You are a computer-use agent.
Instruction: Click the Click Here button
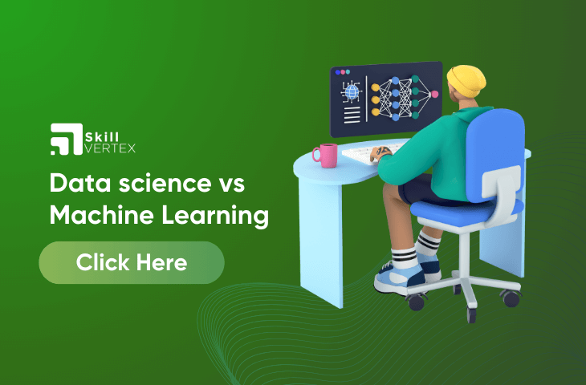pyautogui.click(x=132, y=262)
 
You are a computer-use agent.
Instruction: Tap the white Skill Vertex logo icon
pyautogui.click(x=67, y=139)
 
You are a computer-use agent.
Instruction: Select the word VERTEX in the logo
pyautogui.click(x=110, y=148)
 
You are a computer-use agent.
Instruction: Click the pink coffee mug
pyautogui.click(x=325, y=156)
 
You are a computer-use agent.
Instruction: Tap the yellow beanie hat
pyautogui.click(x=466, y=81)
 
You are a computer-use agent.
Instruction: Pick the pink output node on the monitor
pyautogui.click(x=434, y=94)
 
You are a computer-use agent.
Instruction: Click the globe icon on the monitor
pyautogui.click(x=352, y=91)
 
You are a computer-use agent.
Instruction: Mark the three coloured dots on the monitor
pyautogui.click(x=342, y=71)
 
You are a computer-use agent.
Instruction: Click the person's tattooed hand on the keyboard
pyautogui.click(x=380, y=153)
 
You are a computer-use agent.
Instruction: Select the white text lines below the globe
pyautogui.click(x=352, y=115)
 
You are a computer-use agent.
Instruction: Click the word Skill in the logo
pyautogui.click(x=102, y=136)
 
